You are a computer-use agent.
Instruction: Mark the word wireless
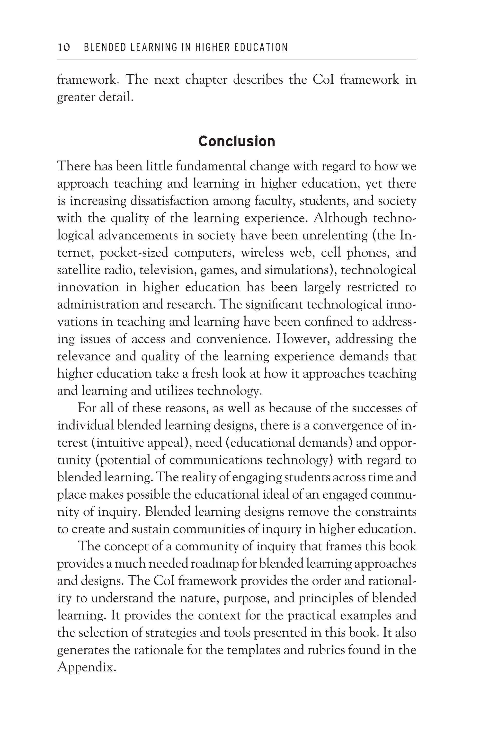262,253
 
